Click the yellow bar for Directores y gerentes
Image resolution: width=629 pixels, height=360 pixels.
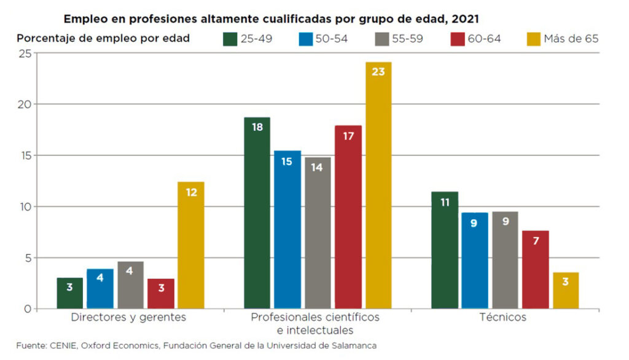coord(191,245)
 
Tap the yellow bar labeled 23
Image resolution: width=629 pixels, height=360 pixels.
coord(378,185)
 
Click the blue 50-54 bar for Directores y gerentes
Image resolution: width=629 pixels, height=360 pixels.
coord(100,288)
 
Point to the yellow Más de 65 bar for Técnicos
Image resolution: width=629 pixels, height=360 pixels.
coord(566,291)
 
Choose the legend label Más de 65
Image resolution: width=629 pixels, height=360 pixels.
coord(571,39)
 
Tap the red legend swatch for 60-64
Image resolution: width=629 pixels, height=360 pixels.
coord(458,39)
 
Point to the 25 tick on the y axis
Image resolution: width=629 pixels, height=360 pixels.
coord(25,53)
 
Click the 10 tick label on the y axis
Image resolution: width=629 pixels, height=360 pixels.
coord(25,206)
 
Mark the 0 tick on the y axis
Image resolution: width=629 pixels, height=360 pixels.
coord(28,308)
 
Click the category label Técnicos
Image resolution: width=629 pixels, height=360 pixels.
coord(502,318)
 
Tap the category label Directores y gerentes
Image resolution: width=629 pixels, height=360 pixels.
coord(128,318)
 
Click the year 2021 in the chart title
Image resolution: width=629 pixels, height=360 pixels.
coord(464,18)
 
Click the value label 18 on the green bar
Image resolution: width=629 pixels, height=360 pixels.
coord(257,127)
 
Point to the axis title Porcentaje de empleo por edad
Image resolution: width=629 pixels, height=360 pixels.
coord(103,38)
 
